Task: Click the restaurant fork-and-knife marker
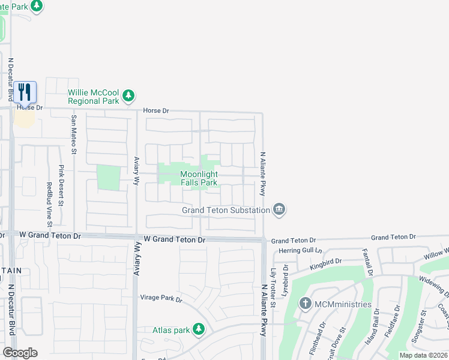tap(25, 92)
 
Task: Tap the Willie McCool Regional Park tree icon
tap(128, 95)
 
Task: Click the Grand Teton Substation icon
tap(279, 209)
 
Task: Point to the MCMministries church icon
tap(306, 304)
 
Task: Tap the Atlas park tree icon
tap(199, 329)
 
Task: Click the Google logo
tap(20, 353)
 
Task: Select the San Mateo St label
tap(74, 134)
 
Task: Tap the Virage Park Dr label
tap(161, 298)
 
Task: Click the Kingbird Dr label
tap(325, 263)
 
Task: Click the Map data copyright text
tap(423, 355)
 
